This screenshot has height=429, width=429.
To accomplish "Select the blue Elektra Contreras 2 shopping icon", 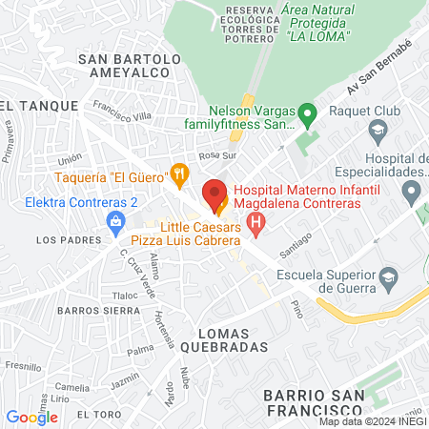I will pos(115,221).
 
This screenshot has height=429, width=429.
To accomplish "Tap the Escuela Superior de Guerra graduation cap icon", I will pos(388,277).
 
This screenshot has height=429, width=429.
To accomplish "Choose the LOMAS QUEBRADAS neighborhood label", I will pos(233,341).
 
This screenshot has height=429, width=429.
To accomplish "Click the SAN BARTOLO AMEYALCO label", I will pos(130,67).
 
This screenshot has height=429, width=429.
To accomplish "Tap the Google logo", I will pos(31,417).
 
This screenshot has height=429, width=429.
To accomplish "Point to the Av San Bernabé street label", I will pos(379,74).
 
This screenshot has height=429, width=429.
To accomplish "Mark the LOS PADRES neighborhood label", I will pos(61,241).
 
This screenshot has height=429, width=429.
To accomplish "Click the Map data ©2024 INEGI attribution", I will pos(372,421).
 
